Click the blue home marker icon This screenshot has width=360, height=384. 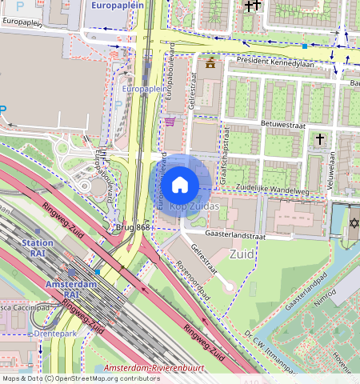click(180, 185)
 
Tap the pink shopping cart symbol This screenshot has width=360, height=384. click(170, 122)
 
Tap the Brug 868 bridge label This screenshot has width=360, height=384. click(132, 227)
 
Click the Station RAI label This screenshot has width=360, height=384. click(38, 248)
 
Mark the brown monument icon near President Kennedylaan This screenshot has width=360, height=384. click(210, 63)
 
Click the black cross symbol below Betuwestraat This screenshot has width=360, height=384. click(320, 139)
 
